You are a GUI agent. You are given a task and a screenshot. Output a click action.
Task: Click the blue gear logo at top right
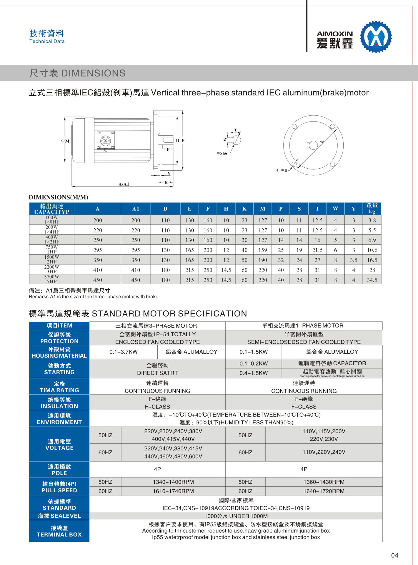(x=376, y=37)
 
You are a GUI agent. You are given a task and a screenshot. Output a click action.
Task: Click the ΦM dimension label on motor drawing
(x=65, y=141)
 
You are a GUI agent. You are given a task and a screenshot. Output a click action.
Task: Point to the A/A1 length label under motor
(x=124, y=184)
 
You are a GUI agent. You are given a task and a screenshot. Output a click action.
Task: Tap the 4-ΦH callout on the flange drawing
(x=282, y=170)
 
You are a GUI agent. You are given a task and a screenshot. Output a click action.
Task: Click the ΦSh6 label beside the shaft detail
(x=222, y=153)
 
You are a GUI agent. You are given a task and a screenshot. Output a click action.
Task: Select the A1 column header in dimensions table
(x=135, y=209)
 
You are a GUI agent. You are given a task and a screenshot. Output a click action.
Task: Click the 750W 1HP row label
(x=51, y=250)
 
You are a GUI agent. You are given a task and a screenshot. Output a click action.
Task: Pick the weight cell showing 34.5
(x=372, y=280)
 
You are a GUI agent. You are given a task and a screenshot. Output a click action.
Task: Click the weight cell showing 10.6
(x=372, y=250)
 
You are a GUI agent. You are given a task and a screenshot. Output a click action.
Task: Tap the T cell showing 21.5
(x=317, y=250)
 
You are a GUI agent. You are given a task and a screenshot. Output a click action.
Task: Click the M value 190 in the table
(x=262, y=260)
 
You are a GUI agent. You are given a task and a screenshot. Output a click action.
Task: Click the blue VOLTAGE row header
(x=59, y=444)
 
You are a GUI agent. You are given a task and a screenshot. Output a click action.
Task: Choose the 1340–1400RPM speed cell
(x=173, y=482)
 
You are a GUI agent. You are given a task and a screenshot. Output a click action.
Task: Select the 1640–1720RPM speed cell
(x=324, y=491)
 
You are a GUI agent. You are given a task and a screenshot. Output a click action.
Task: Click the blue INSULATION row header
(x=59, y=403)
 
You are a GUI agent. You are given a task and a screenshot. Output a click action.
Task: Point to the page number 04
(x=394, y=555)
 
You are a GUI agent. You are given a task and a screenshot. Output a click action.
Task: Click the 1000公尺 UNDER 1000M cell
(x=236, y=516)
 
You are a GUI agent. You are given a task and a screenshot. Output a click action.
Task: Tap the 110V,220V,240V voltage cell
(x=324, y=452)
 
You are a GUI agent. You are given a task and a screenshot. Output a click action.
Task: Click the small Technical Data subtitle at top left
(x=47, y=41)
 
